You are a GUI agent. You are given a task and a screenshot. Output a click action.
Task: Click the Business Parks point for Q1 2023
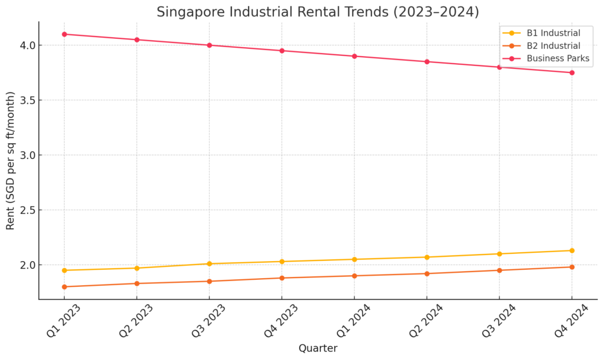click(64, 34)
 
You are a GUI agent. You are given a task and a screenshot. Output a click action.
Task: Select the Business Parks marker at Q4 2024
click(572, 72)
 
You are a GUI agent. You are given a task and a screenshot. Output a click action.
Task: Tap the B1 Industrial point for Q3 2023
click(209, 263)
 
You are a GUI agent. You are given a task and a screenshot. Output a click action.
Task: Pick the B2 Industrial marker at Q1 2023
click(64, 287)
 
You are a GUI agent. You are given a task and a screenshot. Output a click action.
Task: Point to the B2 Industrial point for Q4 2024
click(572, 267)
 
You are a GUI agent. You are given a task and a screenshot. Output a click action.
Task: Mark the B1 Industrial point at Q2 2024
click(427, 257)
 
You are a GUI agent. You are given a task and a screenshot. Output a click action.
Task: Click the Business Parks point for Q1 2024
click(354, 56)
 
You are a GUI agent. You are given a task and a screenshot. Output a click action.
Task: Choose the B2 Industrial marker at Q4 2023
click(281, 278)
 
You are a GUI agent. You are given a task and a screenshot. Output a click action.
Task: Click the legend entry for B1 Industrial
click(553, 33)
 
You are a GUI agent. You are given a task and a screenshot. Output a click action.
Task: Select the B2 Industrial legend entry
click(553, 45)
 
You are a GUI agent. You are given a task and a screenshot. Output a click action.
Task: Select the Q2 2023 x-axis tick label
click(135, 321)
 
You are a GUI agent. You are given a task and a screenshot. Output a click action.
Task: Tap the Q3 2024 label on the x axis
click(498, 321)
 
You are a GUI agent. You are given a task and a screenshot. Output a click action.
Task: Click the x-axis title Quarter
click(318, 348)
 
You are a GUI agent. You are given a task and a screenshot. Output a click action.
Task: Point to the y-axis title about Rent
click(11, 161)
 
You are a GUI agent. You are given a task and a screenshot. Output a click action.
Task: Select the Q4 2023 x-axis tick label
click(281, 321)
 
